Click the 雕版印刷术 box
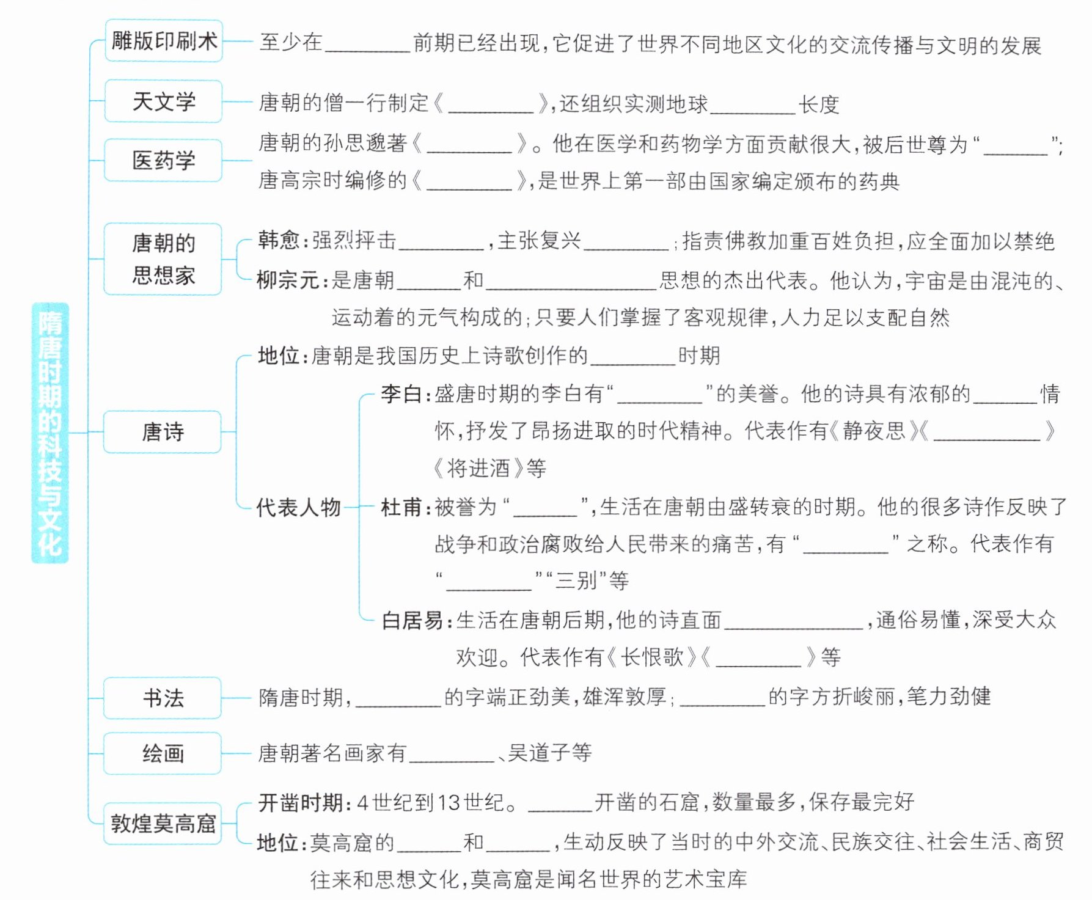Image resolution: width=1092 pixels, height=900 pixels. pyautogui.click(x=164, y=41)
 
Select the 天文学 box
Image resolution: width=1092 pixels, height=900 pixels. pyautogui.click(x=164, y=101)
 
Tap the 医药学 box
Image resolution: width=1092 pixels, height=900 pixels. pyautogui.click(x=164, y=160)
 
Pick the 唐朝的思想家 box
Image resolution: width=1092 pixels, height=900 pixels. pyautogui.click(x=163, y=259)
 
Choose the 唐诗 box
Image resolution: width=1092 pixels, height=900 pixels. pyautogui.click(x=163, y=432)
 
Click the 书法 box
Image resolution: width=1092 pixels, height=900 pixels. pyautogui.click(x=163, y=698)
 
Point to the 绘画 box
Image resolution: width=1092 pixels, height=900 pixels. pyautogui.click(x=163, y=753)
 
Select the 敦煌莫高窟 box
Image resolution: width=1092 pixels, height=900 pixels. pyautogui.click(x=163, y=824)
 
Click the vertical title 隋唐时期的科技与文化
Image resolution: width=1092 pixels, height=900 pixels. pyautogui.click(x=50, y=433)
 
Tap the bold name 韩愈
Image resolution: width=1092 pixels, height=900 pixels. pyautogui.click(x=279, y=240)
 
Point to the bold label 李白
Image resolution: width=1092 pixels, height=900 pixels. pyautogui.click(x=401, y=393)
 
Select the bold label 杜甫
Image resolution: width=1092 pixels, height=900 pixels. pyautogui.click(x=401, y=507)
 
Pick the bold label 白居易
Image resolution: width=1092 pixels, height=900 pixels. pyautogui.click(x=412, y=620)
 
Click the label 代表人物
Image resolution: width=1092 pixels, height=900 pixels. pyautogui.click(x=298, y=507)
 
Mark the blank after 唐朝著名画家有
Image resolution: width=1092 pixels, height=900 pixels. pyautogui.click(x=452, y=755)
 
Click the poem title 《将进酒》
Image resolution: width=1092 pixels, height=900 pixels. pyautogui.click(x=478, y=469)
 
